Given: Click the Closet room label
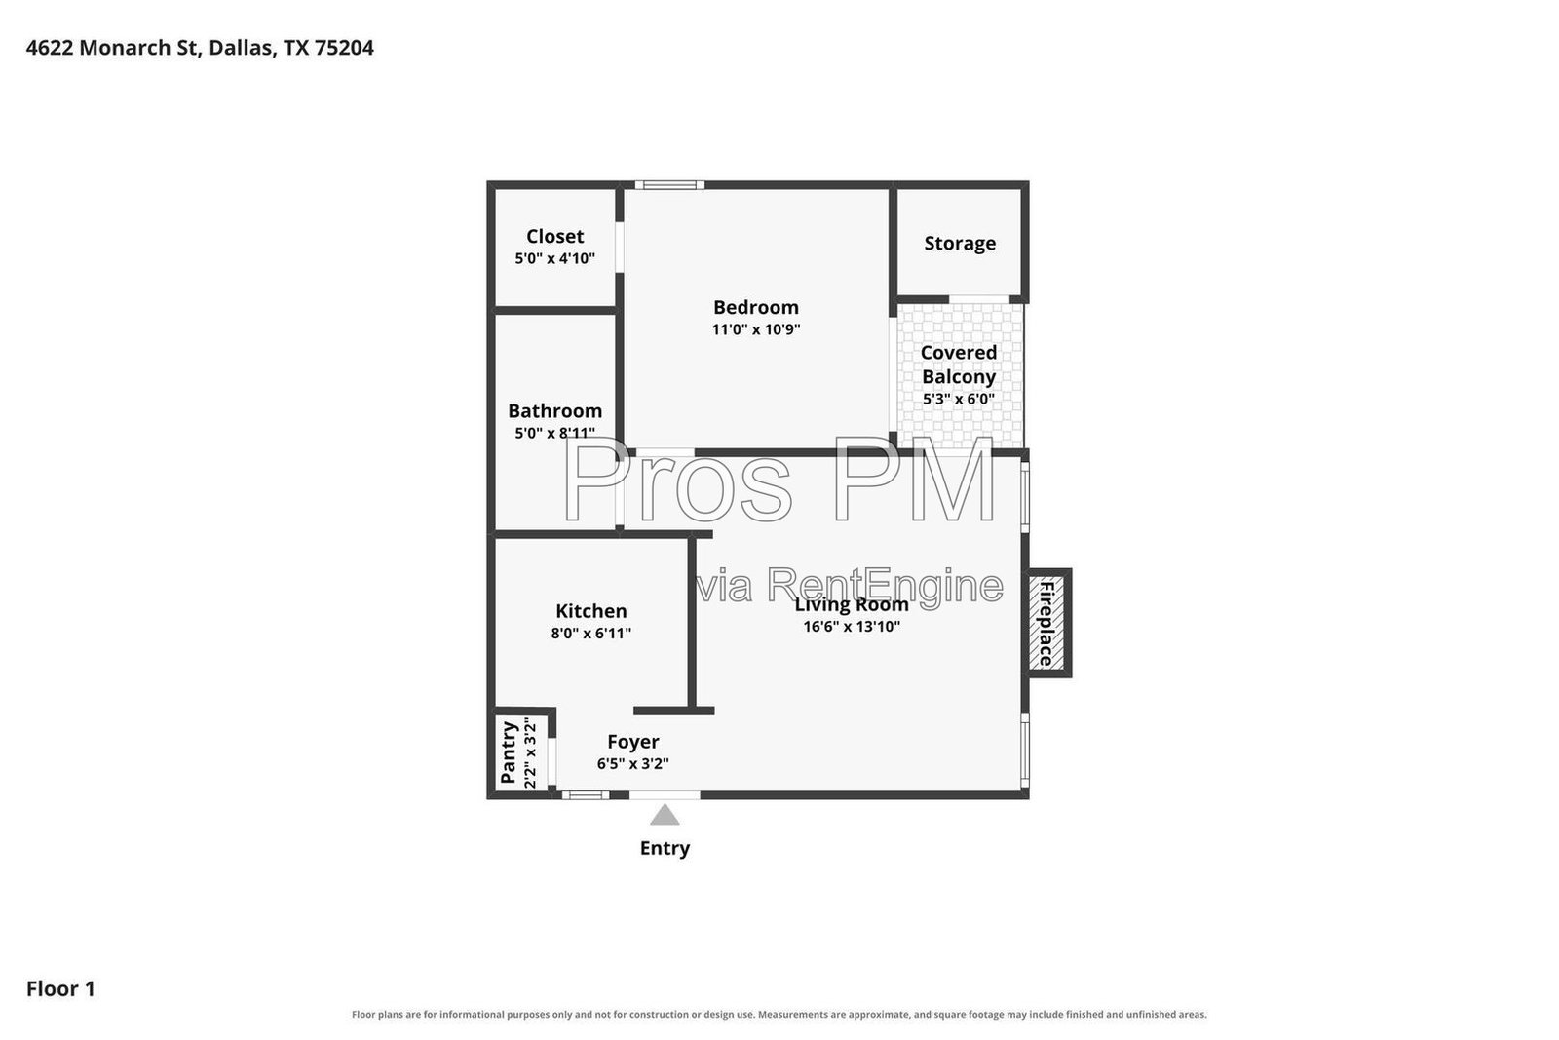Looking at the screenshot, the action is pyautogui.click(x=554, y=237).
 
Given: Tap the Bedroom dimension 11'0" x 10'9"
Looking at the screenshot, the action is pyautogui.click(x=756, y=329).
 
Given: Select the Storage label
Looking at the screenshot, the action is pyautogui.click(x=960, y=244).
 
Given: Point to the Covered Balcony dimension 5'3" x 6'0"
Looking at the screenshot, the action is pyautogui.click(x=959, y=399).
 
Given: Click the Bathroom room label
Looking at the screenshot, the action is pyautogui.click(x=554, y=410).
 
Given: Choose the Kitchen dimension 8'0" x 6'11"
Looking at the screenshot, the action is pyautogui.click(x=590, y=634).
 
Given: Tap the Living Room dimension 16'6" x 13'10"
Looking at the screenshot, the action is pyautogui.click(x=852, y=627).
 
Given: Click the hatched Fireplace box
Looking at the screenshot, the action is pyautogui.click(x=1046, y=623).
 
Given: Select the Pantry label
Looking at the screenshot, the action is pyautogui.click(x=509, y=752).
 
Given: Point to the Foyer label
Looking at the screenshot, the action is pyautogui.click(x=633, y=742).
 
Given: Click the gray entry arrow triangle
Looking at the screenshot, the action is pyautogui.click(x=665, y=815).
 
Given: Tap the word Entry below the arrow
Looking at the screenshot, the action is pyautogui.click(x=665, y=848).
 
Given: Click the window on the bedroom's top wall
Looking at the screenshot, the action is pyautogui.click(x=669, y=185).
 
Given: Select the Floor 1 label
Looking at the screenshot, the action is pyautogui.click(x=60, y=988).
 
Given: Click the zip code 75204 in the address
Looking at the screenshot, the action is pyautogui.click(x=344, y=48).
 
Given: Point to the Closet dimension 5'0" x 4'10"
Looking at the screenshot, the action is pyautogui.click(x=554, y=259).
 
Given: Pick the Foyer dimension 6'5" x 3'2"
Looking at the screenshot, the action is pyautogui.click(x=632, y=763).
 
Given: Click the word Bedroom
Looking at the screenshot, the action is pyautogui.click(x=756, y=307).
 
